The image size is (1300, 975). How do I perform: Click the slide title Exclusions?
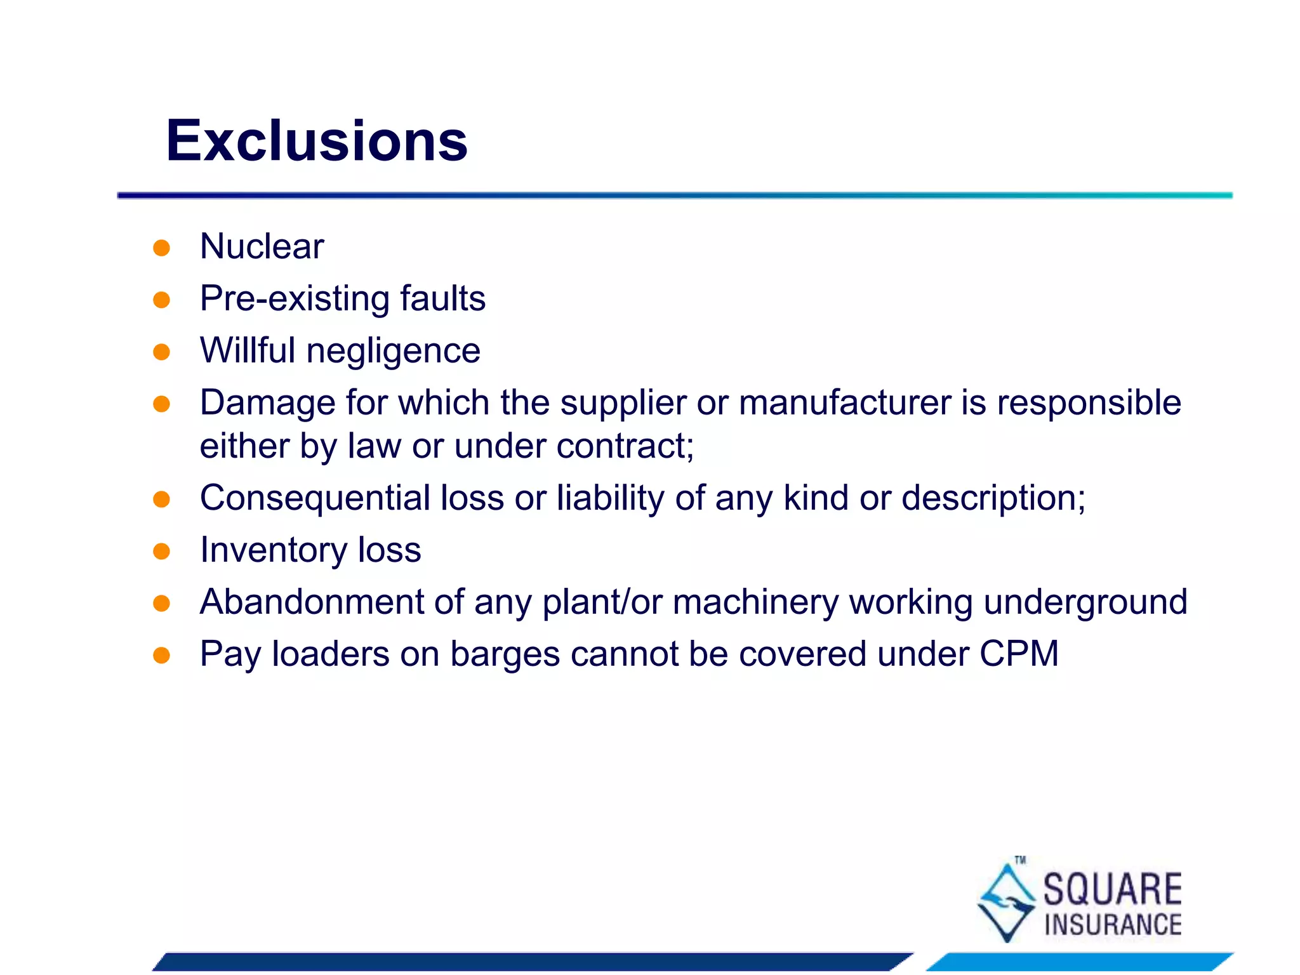click(316, 141)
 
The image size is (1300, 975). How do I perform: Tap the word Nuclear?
click(262, 246)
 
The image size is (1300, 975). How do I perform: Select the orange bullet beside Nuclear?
click(162, 248)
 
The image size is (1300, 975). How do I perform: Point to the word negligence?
click(393, 351)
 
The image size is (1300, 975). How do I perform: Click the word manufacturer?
click(844, 403)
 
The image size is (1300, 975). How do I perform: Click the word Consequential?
click(315, 498)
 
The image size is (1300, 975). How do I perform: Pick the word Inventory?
click(273, 550)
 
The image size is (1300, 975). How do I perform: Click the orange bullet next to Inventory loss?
click(162, 551)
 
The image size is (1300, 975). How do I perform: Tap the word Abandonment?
click(312, 602)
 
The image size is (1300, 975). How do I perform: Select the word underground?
click(1085, 603)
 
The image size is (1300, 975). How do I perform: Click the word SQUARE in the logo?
click(1112, 889)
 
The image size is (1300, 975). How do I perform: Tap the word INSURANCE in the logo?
click(1113, 925)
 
